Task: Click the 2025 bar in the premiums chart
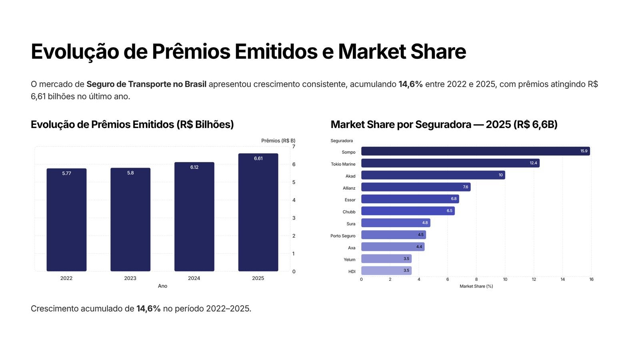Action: tap(258, 212)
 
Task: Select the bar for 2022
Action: tap(66, 220)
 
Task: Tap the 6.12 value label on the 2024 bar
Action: tap(194, 167)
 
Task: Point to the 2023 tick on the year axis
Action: tap(130, 278)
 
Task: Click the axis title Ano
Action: tap(162, 286)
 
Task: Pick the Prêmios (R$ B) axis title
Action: tap(278, 141)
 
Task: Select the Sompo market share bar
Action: tap(475, 151)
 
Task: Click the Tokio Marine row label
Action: tap(343, 164)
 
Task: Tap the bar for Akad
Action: tap(433, 175)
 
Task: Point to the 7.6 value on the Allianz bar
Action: tap(465, 187)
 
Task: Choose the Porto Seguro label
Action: tap(343, 236)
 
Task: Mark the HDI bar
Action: tap(386, 271)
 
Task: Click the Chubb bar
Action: tap(408, 211)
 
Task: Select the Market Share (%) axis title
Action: tap(476, 286)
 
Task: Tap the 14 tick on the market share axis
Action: tap(562, 279)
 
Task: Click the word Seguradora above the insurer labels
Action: tap(342, 141)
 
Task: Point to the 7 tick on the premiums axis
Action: tap(294, 146)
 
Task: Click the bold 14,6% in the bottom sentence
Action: tap(148, 309)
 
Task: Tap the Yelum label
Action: tap(349, 260)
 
